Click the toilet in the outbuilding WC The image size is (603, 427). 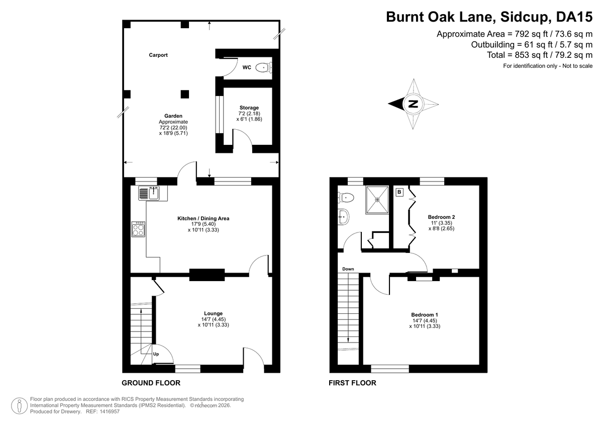pyautogui.click(x=264, y=67)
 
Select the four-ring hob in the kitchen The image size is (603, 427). pyautogui.click(x=138, y=229)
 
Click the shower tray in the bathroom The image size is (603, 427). pyautogui.click(x=377, y=200)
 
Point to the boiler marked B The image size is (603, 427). pyautogui.click(x=399, y=192)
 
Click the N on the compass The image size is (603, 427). pyautogui.click(x=413, y=104)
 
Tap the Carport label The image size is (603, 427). pyautogui.click(x=158, y=55)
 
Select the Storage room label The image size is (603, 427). pyautogui.click(x=249, y=108)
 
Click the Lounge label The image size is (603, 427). pyautogui.click(x=213, y=313)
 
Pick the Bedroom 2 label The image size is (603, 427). pyautogui.click(x=442, y=217)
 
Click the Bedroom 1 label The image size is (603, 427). pyautogui.click(x=425, y=315)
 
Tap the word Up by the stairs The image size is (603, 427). pyautogui.click(x=156, y=354)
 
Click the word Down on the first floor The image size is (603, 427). pyautogui.click(x=348, y=269)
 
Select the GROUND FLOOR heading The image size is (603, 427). pyautogui.click(x=151, y=383)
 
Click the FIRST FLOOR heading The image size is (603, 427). pyautogui.click(x=352, y=383)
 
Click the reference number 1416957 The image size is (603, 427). pyautogui.click(x=110, y=411)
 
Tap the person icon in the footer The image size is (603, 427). pyautogui.click(x=20, y=406)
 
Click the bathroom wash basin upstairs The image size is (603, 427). pyautogui.click(x=344, y=217)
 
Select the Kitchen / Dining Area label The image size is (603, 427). pyautogui.click(x=203, y=218)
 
